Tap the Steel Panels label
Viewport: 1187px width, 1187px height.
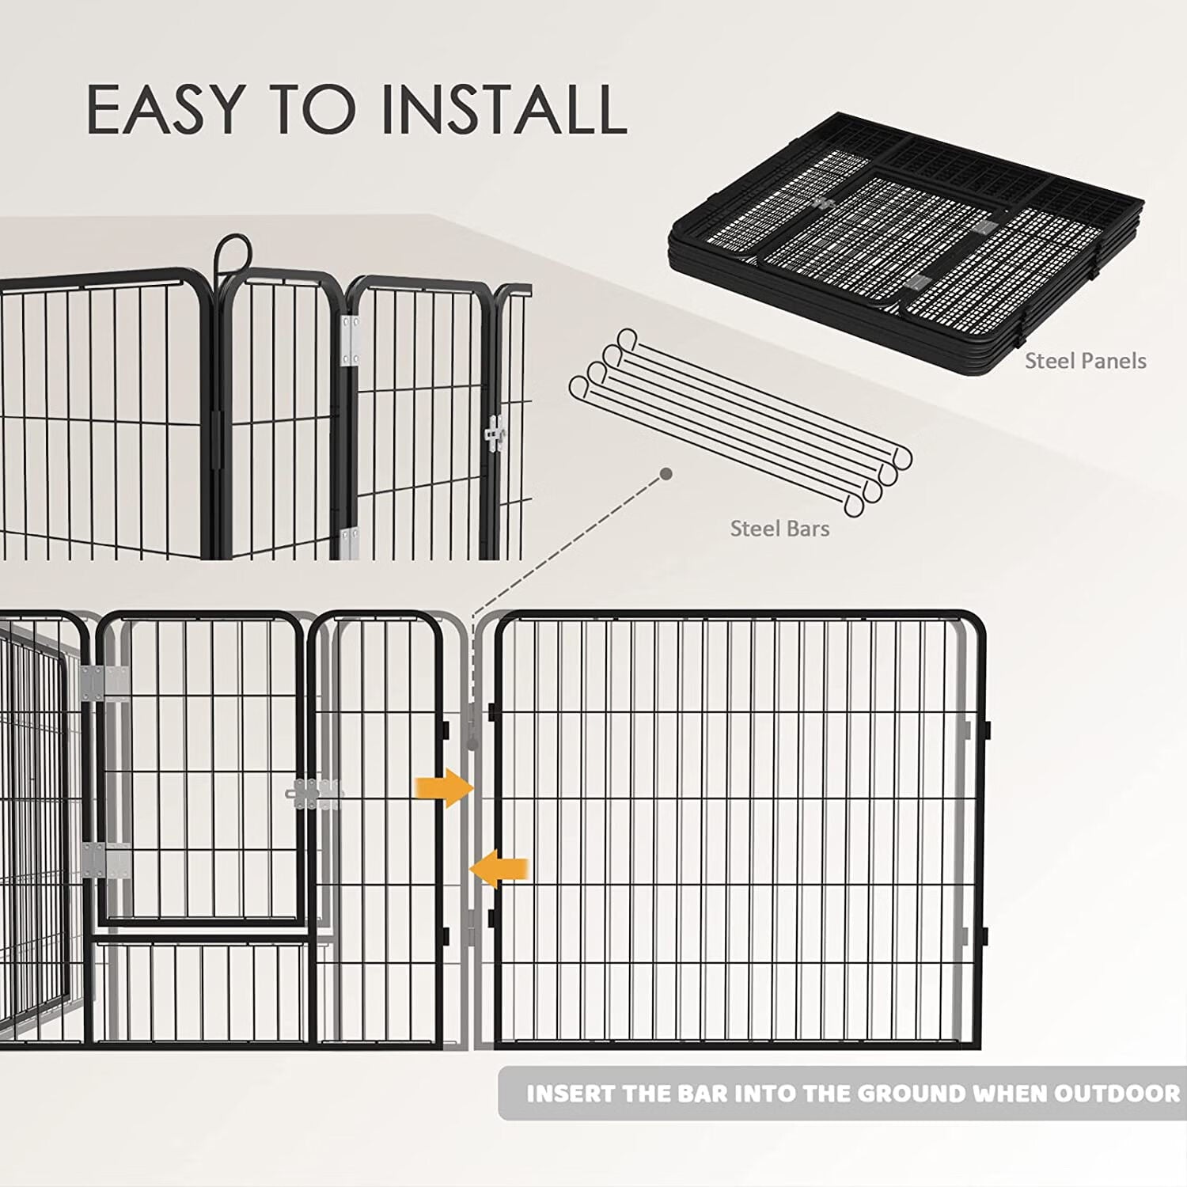1085,361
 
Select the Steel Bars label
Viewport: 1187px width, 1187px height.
779,529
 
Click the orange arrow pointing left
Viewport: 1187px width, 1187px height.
500,868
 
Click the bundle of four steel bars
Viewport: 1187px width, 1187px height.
740,423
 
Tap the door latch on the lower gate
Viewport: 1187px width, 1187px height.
314,794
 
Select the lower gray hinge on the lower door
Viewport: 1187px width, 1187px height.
105,860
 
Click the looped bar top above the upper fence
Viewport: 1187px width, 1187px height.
233,252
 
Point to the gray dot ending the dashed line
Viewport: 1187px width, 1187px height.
666,473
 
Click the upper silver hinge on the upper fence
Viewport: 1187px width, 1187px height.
349,340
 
